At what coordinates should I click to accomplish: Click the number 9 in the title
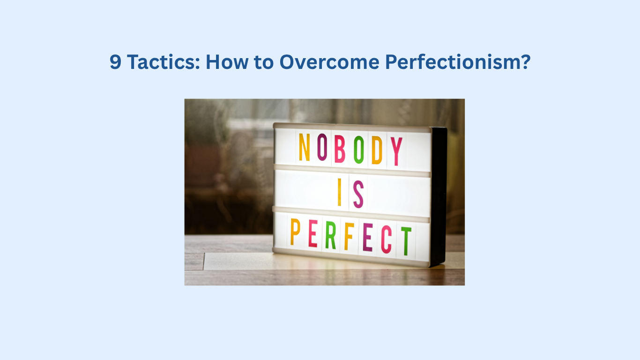115,62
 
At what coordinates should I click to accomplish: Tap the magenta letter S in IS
358,195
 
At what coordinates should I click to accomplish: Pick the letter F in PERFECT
349,237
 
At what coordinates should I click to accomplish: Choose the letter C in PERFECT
387,240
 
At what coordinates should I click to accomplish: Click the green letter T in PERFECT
406,241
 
